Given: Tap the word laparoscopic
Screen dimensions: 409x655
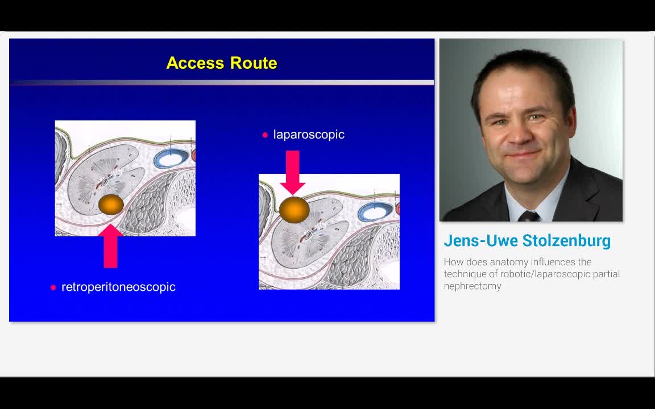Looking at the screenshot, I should tap(309, 135).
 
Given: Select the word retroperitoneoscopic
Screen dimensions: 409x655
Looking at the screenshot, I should tap(118, 287).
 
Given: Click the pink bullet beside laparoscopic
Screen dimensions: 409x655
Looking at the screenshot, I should tap(265, 135).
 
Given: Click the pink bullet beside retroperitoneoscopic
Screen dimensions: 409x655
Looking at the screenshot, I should tap(53, 287).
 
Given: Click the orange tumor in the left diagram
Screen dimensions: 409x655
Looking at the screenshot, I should tap(111, 204).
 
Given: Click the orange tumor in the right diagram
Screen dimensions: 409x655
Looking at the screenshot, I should tap(294, 209).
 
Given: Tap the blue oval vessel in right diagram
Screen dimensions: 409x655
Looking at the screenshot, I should tap(373, 212).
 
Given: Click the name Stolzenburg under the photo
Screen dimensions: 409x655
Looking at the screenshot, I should tap(566, 241).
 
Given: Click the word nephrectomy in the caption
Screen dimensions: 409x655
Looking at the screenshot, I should tap(472, 286).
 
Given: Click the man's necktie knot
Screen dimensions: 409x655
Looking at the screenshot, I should tap(528, 216).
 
